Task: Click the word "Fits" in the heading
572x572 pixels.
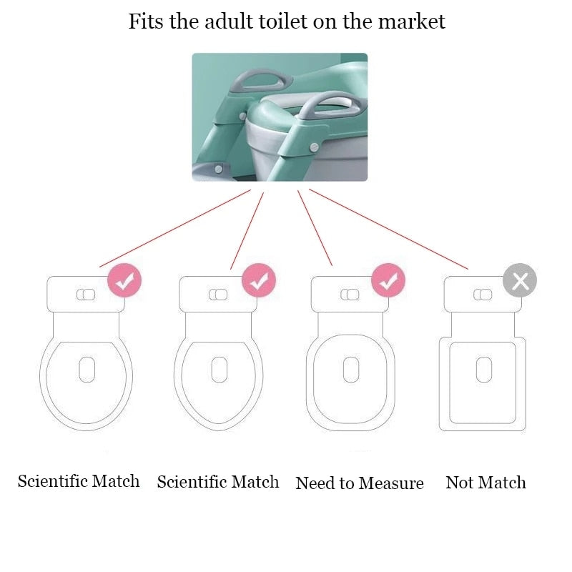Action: click(145, 21)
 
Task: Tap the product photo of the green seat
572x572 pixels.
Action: click(280, 117)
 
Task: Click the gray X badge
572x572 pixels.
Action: click(520, 280)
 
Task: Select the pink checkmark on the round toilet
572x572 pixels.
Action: click(125, 281)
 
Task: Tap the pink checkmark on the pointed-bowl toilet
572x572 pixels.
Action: click(258, 280)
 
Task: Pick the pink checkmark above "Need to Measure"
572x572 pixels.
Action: click(388, 281)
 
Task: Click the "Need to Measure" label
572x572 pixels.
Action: click(360, 483)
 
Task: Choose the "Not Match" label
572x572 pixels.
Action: click(485, 483)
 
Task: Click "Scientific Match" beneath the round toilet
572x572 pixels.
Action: click(79, 480)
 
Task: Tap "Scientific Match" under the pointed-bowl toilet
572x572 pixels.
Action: click(218, 481)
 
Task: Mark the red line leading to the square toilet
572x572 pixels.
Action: click(388, 229)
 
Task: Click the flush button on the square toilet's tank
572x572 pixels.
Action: click(483, 295)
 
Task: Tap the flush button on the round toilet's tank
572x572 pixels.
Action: click(85, 295)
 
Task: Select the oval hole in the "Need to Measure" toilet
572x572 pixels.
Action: click(350, 369)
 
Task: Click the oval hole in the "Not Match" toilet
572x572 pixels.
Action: click(483, 369)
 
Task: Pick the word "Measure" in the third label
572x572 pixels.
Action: click(392, 483)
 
